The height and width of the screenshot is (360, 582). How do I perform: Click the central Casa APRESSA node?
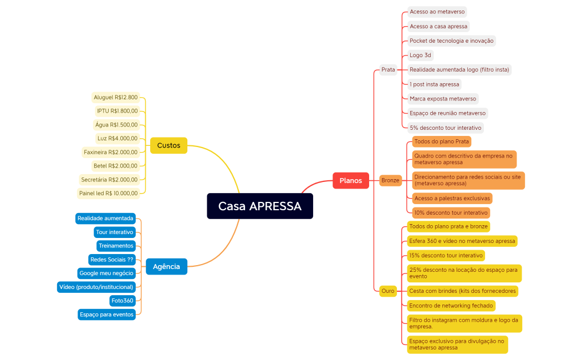(260, 206)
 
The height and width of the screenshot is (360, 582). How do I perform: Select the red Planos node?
(350, 180)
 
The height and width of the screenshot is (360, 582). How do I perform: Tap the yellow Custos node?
(169, 145)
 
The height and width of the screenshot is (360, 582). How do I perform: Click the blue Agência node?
(166, 266)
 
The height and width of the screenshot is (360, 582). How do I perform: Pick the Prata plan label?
(388, 69)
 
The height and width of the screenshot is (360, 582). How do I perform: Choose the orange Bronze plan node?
(390, 180)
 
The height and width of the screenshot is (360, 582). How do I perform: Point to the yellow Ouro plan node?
(388, 291)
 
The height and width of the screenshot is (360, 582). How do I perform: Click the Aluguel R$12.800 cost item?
(115, 97)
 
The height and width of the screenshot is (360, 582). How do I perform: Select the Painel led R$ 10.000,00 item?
(108, 193)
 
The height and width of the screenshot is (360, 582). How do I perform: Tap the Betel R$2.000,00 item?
(115, 165)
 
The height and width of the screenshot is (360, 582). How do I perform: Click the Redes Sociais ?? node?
(111, 259)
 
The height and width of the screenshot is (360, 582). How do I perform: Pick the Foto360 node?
(122, 301)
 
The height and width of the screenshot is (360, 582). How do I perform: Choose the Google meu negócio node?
(106, 273)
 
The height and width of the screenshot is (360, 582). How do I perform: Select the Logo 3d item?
(420, 55)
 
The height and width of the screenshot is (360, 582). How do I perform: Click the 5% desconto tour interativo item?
(445, 128)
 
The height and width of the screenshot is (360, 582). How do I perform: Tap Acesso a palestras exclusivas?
(452, 198)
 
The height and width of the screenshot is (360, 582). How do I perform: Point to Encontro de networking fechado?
(451, 305)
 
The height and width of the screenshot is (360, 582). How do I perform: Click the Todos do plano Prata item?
(441, 141)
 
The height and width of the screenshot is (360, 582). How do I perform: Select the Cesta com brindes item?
(462, 291)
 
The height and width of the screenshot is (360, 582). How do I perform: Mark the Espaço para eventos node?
(106, 315)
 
